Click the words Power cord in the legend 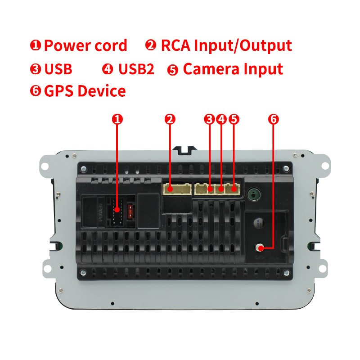click(x=85, y=46)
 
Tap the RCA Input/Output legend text click(x=226, y=46)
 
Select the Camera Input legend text click(x=233, y=69)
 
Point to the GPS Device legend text click(x=85, y=91)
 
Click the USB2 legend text click(x=136, y=69)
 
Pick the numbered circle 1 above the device click(x=117, y=119)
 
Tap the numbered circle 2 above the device click(x=170, y=119)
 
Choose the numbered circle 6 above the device click(x=274, y=119)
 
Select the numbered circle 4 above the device click(x=221, y=119)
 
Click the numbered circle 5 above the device click(x=234, y=119)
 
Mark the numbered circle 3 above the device click(x=208, y=119)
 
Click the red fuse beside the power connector click(x=131, y=211)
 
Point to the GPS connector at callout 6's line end click(x=260, y=247)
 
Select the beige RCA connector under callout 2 click(x=174, y=188)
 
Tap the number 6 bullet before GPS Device click(x=36, y=91)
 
